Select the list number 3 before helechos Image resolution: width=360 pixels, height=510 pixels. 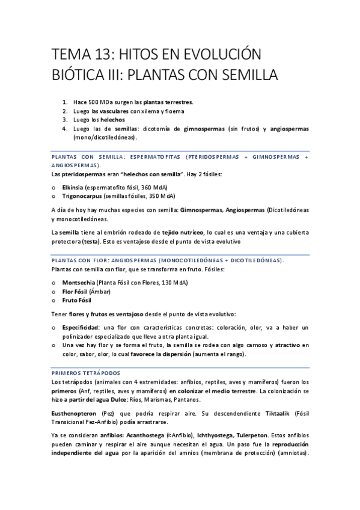[x=64, y=120]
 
